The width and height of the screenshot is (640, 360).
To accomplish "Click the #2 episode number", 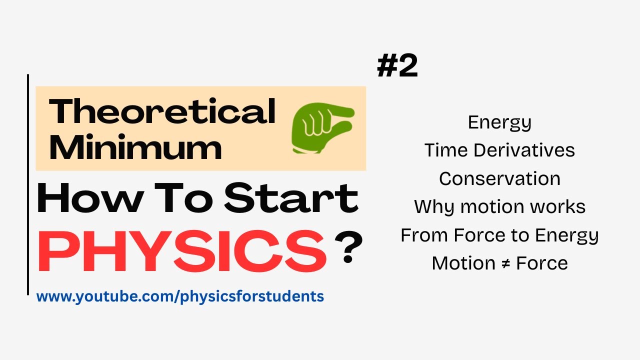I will click(x=397, y=67).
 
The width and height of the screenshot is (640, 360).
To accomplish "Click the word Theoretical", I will click(x=162, y=111).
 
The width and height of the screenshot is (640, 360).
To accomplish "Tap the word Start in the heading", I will click(x=291, y=198).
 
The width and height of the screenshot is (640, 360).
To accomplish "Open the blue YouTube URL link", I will click(x=180, y=296).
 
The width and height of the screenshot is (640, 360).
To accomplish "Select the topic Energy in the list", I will click(x=499, y=122).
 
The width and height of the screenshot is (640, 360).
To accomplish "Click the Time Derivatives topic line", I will click(x=499, y=150).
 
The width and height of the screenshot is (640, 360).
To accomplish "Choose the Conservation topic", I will click(x=499, y=178).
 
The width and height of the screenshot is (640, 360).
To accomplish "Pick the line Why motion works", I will click(x=499, y=206).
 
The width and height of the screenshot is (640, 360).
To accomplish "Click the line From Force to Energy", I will click(x=499, y=235).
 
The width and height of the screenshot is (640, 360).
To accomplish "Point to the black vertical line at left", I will click(x=28, y=184).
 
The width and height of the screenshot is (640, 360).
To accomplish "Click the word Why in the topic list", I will click(x=431, y=206).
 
